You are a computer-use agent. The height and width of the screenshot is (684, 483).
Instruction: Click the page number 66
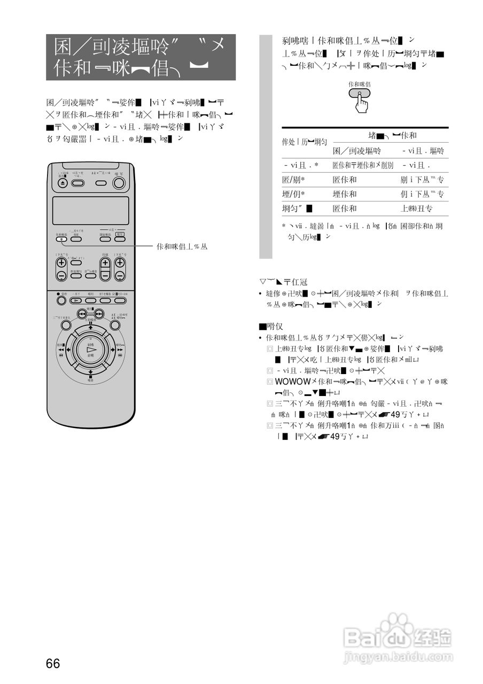53,664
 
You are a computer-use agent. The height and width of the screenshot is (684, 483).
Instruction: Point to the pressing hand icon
360,102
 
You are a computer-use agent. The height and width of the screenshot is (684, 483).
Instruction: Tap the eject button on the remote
63,183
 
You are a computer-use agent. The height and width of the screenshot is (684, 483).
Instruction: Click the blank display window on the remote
91,210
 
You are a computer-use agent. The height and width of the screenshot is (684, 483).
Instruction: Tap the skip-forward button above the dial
99,314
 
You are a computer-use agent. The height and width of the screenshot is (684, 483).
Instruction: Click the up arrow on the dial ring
91,328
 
